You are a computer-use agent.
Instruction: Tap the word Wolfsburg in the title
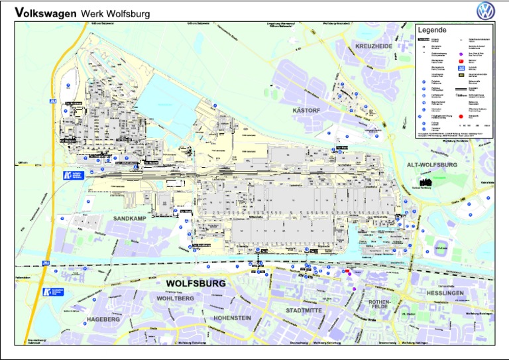click(127, 13)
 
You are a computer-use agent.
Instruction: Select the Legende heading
click(432, 30)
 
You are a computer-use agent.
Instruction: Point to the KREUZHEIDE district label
click(374, 46)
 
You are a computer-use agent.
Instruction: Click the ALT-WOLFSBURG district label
click(433, 164)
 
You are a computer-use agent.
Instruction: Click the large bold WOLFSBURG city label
click(196, 283)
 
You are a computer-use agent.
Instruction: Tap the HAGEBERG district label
click(103, 319)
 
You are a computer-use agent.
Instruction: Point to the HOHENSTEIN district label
click(232, 318)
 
